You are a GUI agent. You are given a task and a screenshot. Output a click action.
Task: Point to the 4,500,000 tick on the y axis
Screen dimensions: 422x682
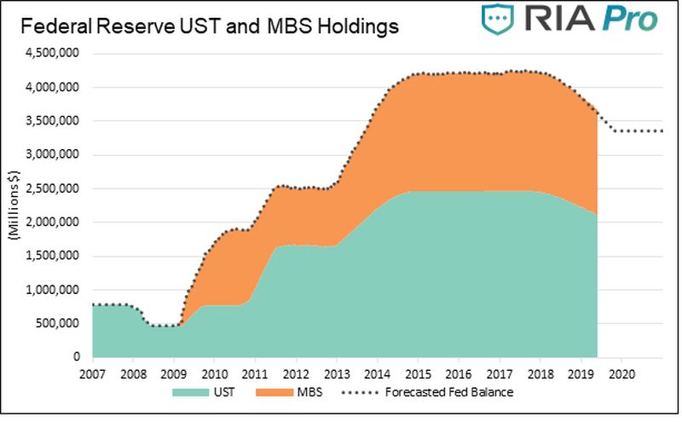coord(55,54)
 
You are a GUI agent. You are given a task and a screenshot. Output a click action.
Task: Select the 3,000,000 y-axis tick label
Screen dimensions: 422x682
coord(55,155)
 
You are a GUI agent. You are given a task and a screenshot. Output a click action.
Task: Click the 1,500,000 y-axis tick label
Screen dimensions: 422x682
coord(55,256)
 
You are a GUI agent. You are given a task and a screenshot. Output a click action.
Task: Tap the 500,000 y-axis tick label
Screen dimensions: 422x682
coord(61,324)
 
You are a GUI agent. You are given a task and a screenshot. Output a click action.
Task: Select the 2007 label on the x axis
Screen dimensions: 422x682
coord(91,373)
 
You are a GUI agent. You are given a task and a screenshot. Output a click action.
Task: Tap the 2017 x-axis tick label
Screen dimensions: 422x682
coord(499,373)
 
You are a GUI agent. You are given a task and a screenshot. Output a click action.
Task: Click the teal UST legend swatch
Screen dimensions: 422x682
coord(194,393)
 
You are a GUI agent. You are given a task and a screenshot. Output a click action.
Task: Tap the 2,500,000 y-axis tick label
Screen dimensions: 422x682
coord(55,188)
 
